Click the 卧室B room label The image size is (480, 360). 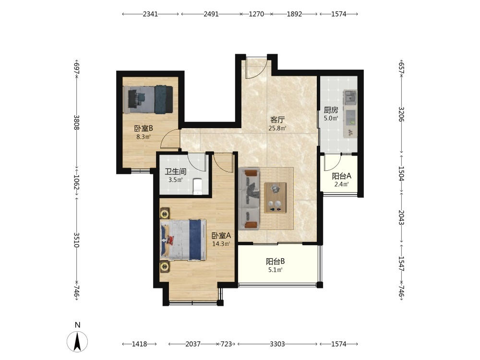click(x=143, y=128)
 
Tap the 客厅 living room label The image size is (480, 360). click(x=277, y=120)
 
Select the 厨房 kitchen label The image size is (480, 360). click(x=331, y=110)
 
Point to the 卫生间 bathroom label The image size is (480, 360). click(x=175, y=171)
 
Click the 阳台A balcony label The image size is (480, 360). click(x=342, y=176)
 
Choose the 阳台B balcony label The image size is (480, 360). click(x=275, y=262)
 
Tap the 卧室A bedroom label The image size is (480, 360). click(x=221, y=235)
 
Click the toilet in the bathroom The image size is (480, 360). click(x=198, y=186)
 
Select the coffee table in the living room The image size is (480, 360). click(x=275, y=198)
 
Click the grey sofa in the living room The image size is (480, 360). click(x=249, y=199)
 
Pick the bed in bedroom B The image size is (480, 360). click(x=148, y=99)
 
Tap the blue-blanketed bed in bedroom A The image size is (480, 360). click(x=183, y=240)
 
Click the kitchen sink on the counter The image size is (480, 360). click(x=350, y=97)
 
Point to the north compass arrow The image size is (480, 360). click(x=77, y=341)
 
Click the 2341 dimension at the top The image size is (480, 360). click(x=150, y=14)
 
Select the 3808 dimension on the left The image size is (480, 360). click(x=76, y=122)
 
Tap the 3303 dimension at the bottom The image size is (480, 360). click(x=277, y=344)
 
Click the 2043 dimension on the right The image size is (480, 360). click(x=401, y=217)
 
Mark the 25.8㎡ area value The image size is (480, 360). click(x=277, y=128)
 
